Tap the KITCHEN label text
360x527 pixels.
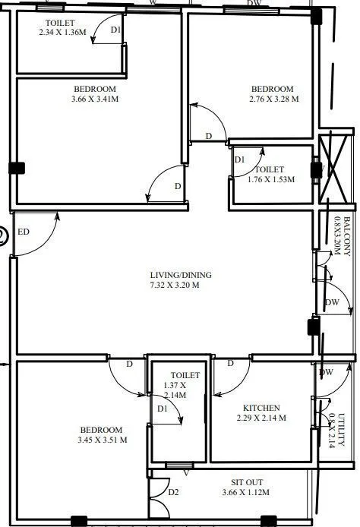click(261, 408)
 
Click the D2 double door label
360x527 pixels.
click(174, 492)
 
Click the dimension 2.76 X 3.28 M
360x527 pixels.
click(273, 99)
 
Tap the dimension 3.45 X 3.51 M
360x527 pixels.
click(102, 440)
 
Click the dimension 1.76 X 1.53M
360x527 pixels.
click(271, 179)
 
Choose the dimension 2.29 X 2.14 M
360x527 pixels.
click(261, 418)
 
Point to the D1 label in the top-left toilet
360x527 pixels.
click(115, 31)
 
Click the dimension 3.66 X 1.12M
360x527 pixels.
click(246, 493)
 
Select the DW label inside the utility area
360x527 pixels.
click(327, 372)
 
